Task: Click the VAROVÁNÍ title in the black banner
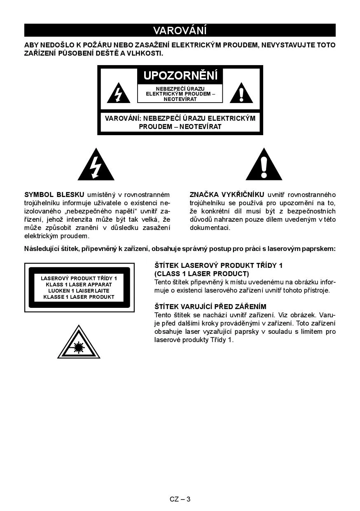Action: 180,30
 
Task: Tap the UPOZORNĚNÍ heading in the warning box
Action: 180,75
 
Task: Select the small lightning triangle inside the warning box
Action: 118,94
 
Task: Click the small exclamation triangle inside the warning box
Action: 241,94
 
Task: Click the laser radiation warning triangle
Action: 79,343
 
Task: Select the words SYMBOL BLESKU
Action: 54,195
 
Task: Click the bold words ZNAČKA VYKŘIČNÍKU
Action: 227,195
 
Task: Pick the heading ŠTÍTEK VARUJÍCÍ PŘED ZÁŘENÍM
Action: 210,307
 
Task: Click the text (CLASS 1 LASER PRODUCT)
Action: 202,274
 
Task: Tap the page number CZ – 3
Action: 180,499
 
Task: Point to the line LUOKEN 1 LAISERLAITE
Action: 79,291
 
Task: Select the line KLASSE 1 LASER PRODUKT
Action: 79,297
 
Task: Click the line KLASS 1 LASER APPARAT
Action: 79,284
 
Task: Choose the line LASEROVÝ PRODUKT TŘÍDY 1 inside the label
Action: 79,278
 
